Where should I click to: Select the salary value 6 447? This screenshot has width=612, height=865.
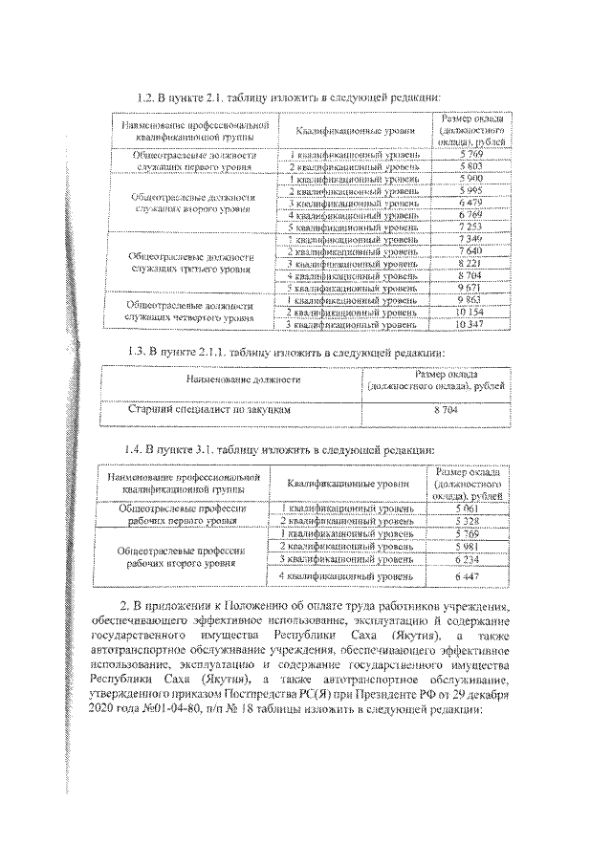466,577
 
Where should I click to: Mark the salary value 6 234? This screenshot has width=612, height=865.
466,558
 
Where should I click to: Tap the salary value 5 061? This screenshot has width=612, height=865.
466,508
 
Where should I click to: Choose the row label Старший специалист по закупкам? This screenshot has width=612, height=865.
208,410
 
